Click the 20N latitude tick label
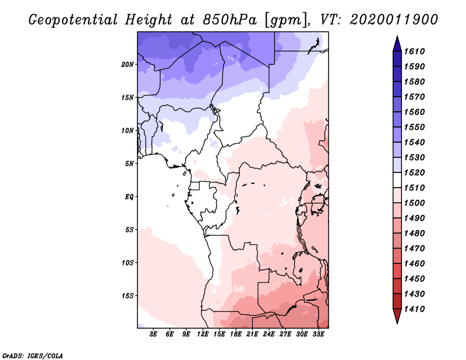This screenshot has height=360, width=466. (x=128, y=65)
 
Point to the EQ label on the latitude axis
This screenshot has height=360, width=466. (x=129, y=196)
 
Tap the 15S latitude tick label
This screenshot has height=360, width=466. (x=128, y=296)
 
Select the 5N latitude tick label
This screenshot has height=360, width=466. (x=129, y=164)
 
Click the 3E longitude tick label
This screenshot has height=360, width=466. (x=153, y=334)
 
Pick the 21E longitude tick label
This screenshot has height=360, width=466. (x=252, y=334)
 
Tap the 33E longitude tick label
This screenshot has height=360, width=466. (x=318, y=334)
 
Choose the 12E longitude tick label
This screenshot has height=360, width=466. (x=203, y=334)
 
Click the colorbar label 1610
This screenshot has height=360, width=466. (x=414, y=51)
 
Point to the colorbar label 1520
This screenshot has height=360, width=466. (x=414, y=172)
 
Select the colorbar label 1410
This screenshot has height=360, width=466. (x=414, y=309)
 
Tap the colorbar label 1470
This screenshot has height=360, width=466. (x=414, y=248)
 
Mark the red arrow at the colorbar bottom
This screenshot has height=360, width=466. (x=397, y=315)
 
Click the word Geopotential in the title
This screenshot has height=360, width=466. (x=73, y=20)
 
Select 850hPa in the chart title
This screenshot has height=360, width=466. (x=230, y=20)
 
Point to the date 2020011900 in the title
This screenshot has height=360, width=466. (x=394, y=19)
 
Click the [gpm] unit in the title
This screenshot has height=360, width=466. (x=286, y=20)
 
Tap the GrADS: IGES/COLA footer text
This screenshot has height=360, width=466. (x=33, y=356)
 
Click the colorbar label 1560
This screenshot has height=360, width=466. (x=414, y=112)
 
